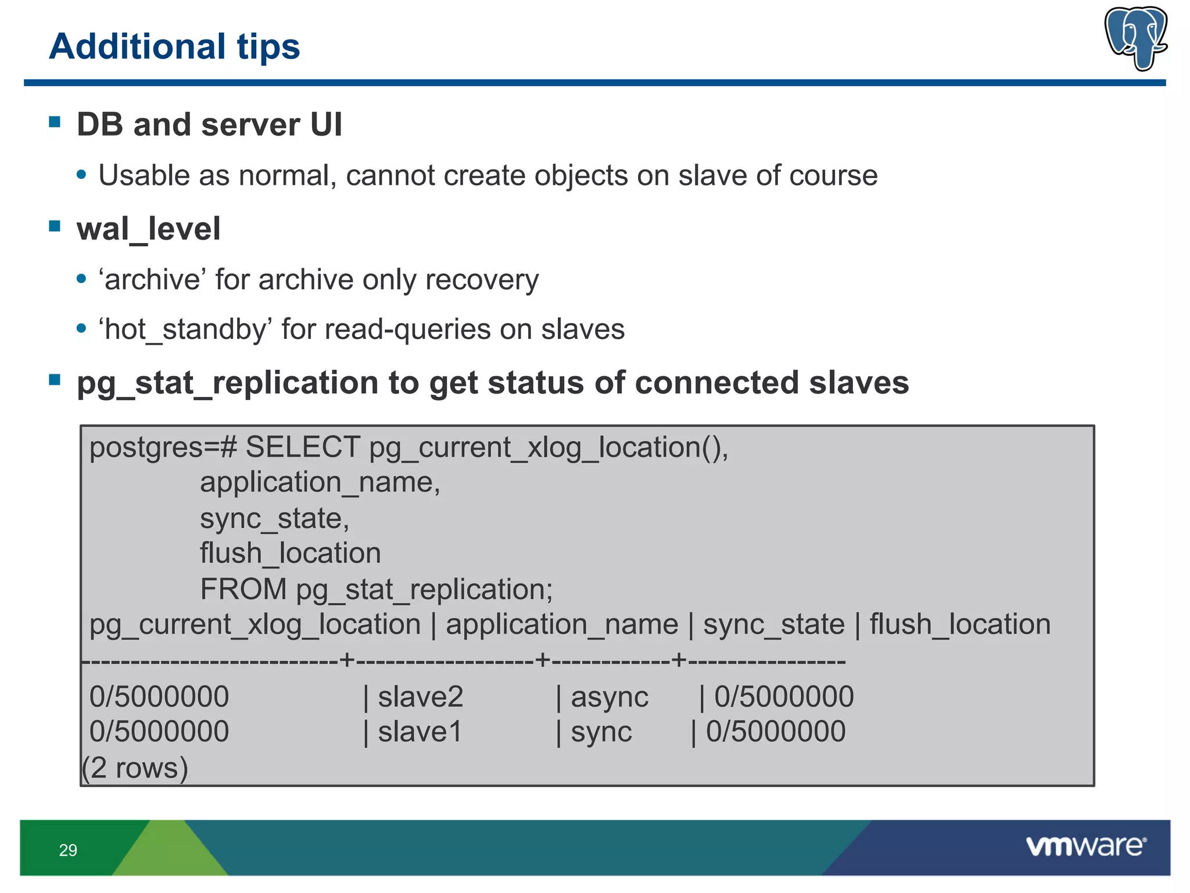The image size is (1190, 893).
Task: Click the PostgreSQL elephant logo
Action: [x=1135, y=38]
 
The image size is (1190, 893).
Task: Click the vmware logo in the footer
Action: [x=1085, y=846]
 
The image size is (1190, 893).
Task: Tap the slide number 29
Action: [x=68, y=850]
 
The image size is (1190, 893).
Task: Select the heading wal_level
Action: [x=148, y=228]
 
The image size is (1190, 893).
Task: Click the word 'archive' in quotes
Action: [x=152, y=280]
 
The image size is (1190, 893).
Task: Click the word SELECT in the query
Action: [x=303, y=448]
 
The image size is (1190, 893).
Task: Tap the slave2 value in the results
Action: [x=420, y=696]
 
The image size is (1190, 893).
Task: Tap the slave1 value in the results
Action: [x=420, y=731]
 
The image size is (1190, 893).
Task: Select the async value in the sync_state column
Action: [x=609, y=696]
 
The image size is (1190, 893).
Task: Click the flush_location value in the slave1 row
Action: [x=775, y=731]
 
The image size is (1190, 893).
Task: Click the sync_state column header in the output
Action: [x=773, y=624]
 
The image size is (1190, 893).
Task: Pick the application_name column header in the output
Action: [x=561, y=624]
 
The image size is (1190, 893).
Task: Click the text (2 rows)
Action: [x=135, y=768]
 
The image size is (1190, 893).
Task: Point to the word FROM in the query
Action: [x=243, y=589]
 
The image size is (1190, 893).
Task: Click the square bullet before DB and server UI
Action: [x=55, y=122]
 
